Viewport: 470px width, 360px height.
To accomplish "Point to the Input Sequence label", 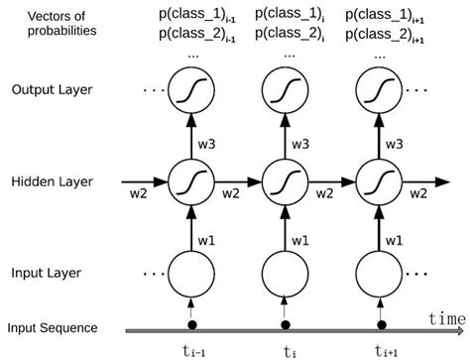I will tap(53, 328).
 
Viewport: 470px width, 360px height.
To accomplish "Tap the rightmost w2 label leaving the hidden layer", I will tap(420, 194).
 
